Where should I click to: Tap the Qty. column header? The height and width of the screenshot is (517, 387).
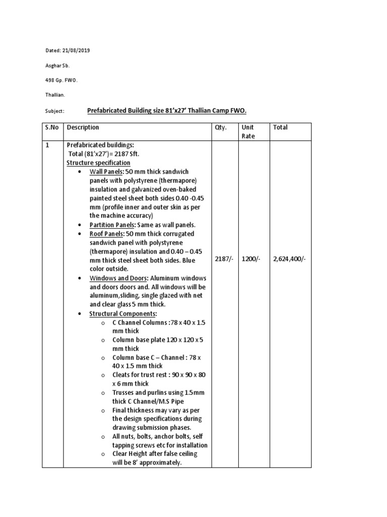pos(222,127)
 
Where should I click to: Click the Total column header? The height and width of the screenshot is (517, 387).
pos(280,127)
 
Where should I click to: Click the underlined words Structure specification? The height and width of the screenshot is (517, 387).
pos(99,163)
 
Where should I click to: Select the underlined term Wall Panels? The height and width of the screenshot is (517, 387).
pos(107,172)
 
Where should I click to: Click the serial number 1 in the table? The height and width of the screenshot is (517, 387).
pos(46,145)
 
